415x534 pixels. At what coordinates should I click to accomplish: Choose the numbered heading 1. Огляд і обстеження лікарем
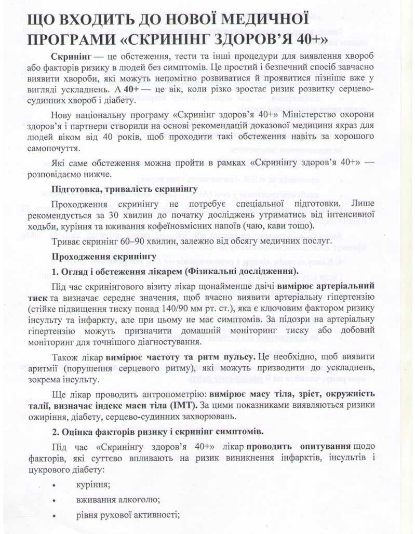pos(175,271)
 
